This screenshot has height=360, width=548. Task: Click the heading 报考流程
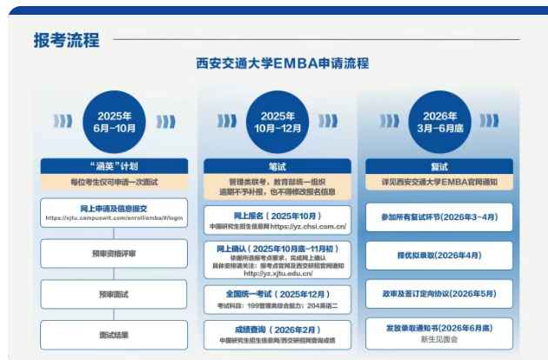(66, 40)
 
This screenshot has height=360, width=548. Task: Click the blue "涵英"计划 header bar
(114, 165)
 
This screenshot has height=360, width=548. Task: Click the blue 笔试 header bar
(277, 165)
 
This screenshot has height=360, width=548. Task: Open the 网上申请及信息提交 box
(114, 213)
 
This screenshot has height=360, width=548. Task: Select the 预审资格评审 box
(114, 254)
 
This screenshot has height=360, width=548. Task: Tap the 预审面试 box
(114, 294)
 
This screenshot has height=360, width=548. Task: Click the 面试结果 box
(114, 334)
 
